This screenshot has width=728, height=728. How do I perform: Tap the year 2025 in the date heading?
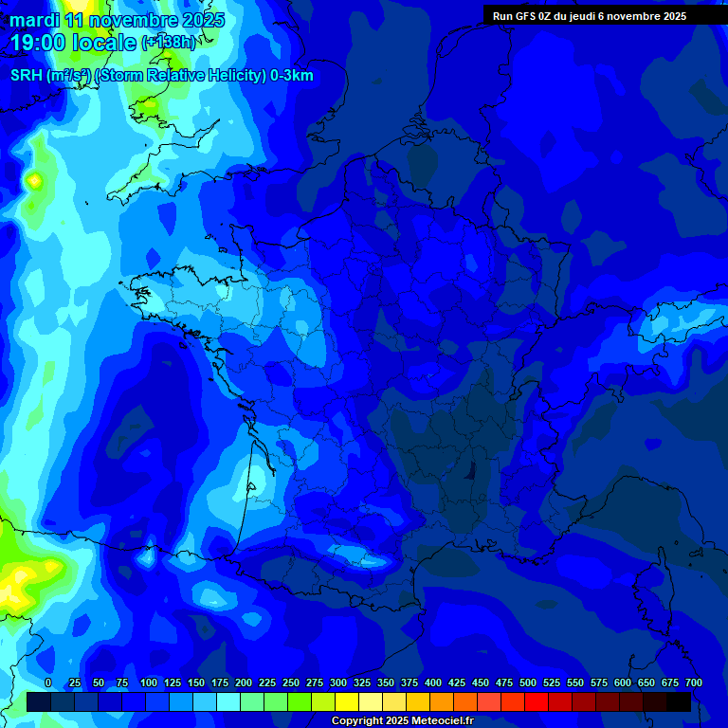[200, 20]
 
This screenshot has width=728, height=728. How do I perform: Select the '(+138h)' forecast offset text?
[168, 43]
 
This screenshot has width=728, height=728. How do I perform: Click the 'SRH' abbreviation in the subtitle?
[26, 76]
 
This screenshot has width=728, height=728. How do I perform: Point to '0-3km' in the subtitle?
[292, 76]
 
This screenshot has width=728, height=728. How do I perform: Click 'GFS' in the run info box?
[529, 16]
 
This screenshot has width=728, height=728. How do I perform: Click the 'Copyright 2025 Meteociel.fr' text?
[402, 721]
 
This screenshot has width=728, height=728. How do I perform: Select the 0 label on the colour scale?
[48, 682]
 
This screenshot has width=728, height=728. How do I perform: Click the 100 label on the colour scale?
[149, 682]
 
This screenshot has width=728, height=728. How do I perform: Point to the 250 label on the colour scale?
[291, 682]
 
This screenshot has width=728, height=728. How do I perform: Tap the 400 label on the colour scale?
[433, 682]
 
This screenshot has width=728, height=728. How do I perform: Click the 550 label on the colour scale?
[575, 682]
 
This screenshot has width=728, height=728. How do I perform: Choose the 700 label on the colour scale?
[693, 682]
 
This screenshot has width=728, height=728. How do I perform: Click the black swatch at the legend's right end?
[679, 701]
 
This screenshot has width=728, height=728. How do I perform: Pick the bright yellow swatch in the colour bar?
[347, 701]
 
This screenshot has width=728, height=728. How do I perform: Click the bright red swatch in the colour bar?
[537, 701]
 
